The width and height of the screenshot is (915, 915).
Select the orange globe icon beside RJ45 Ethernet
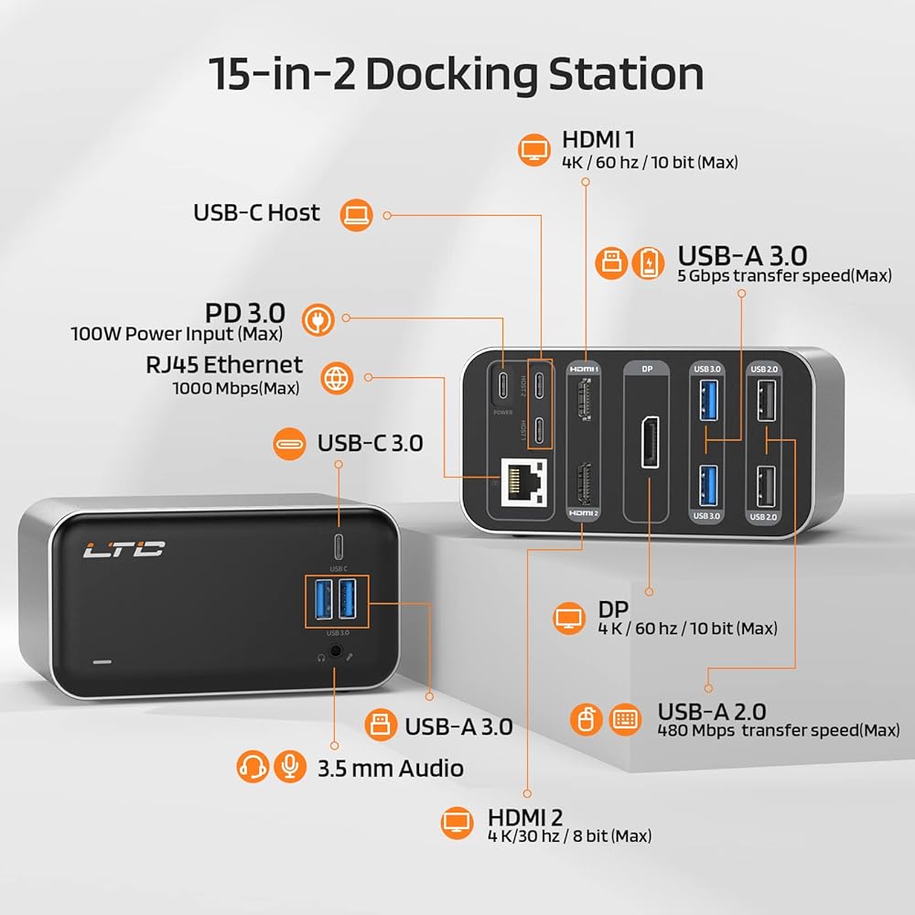pos(337,377)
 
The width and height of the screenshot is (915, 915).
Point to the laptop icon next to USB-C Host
pos(357,215)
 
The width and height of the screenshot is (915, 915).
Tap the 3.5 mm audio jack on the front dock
pos(339,654)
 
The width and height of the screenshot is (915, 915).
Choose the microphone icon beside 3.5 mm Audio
pos(291,767)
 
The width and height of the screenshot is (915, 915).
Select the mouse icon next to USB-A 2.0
pos(586,720)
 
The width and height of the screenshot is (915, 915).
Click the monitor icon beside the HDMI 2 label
pos(458,823)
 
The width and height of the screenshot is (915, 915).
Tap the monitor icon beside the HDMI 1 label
pos(535,149)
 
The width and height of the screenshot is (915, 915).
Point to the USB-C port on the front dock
pos(339,543)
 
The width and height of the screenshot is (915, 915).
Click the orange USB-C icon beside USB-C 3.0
pos(292,445)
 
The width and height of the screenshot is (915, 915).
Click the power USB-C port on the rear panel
pos(504,384)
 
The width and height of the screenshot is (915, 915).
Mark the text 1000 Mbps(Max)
pos(237,388)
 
